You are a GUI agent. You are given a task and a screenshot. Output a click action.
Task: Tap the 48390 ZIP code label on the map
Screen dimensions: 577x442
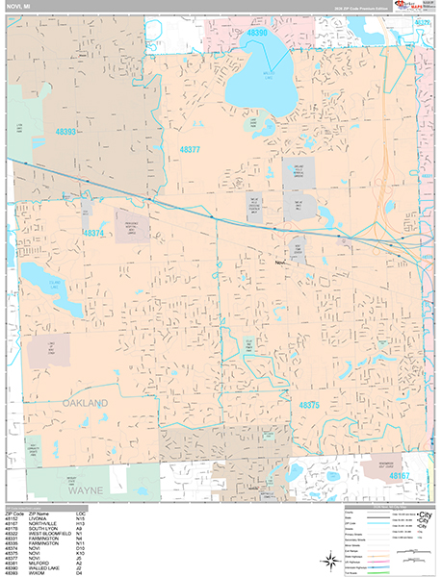coord(256,33)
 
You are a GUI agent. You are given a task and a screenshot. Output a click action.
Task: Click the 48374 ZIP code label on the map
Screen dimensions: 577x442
coord(93,233)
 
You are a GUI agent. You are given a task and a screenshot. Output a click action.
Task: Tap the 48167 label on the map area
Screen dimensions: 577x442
coord(398,474)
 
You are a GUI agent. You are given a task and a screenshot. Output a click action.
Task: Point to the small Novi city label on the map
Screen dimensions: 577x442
coord(280,261)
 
